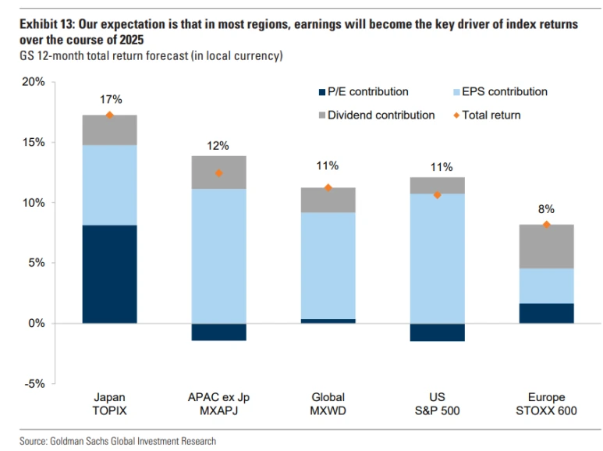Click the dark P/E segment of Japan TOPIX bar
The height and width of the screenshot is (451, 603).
tap(109, 274)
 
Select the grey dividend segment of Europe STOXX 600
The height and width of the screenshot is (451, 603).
tap(546, 247)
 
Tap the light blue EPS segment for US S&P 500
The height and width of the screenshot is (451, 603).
tap(437, 258)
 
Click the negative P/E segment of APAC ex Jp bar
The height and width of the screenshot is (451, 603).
tap(218, 332)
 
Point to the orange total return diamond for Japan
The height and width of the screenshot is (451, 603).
tap(109, 115)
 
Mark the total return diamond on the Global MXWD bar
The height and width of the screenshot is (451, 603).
tap(328, 187)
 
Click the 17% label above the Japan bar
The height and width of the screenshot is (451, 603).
tap(110, 99)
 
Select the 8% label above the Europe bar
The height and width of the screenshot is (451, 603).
tap(546, 209)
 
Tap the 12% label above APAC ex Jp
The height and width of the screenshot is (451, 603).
tap(218, 145)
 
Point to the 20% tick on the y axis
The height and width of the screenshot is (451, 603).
tap(32, 82)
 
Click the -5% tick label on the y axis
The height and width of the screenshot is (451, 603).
tap(34, 384)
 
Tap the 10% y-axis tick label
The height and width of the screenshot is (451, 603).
tap(32, 203)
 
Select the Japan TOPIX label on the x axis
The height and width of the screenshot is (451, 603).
tap(109, 404)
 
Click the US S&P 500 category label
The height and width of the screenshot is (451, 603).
tap(437, 404)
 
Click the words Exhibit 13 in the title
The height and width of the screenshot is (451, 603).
tap(46, 24)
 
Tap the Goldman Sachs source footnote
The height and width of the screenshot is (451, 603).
tap(118, 441)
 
